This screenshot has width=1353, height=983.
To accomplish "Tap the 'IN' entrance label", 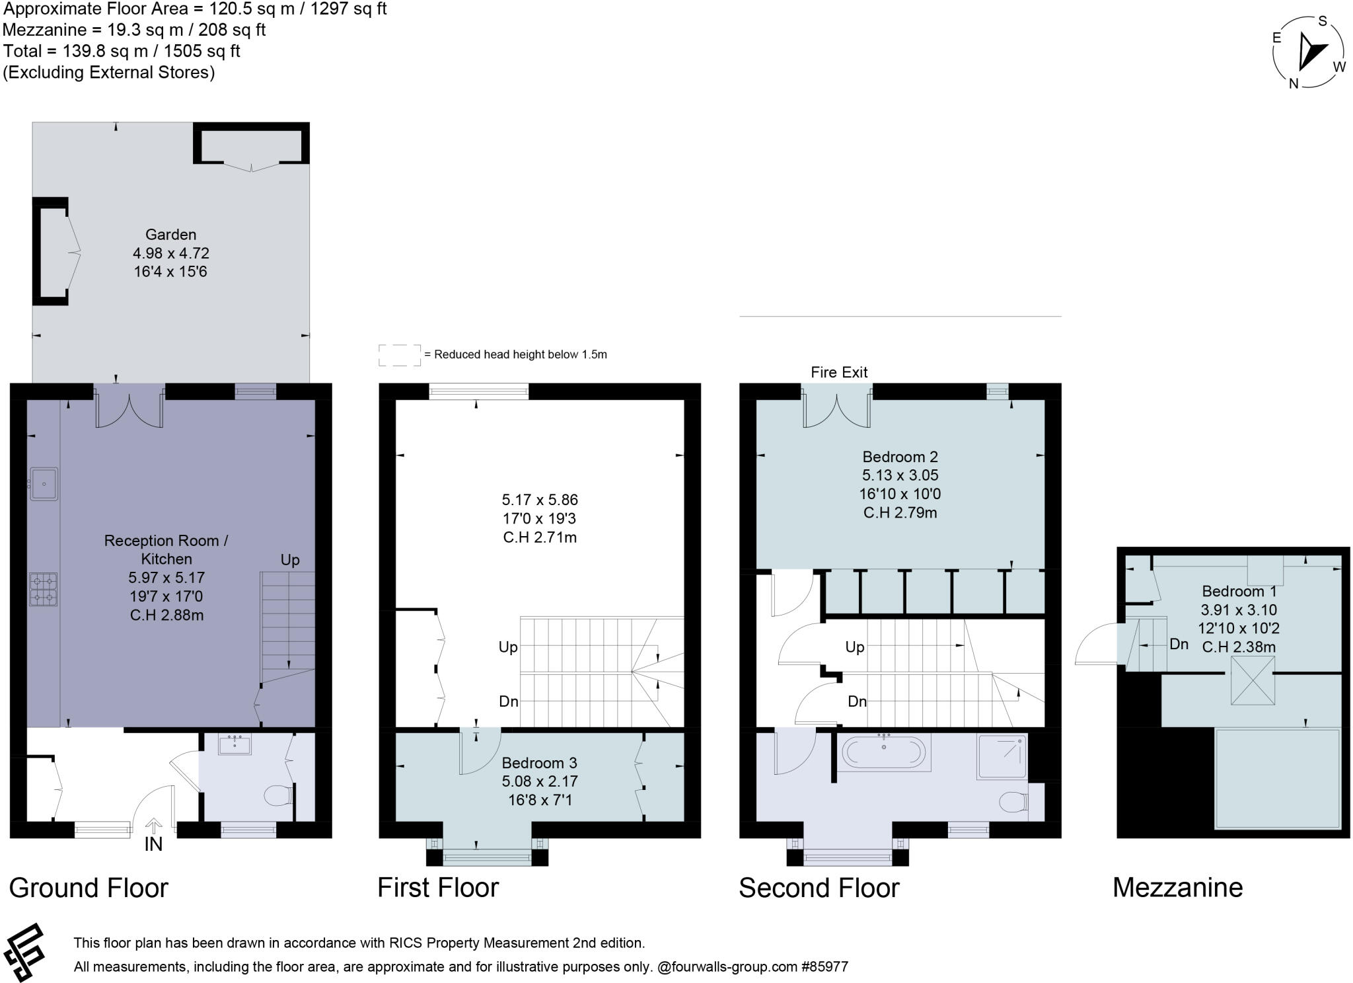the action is click(153, 844).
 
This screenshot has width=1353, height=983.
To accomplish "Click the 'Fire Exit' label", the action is click(839, 372).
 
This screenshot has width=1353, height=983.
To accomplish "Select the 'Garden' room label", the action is click(170, 235).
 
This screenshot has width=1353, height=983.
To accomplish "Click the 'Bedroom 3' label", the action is click(539, 763).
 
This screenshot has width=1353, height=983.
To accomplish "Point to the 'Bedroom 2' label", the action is click(900, 457).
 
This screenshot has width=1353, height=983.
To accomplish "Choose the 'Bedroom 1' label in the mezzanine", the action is click(1239, 592).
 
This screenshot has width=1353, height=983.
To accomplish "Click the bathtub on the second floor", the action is click(885, 752).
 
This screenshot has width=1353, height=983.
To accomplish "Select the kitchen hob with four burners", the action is click(43, 589).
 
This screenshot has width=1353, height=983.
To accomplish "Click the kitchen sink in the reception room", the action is click(44, 484).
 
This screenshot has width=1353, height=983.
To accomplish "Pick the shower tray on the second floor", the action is click(1002, 756).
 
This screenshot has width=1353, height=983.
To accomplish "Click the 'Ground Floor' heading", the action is click(89, 888).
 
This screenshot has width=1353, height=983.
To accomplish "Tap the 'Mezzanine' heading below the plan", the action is click(1177, 888).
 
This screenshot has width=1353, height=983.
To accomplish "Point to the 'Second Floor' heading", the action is click(819, 888).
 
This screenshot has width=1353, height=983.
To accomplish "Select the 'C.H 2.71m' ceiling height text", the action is click(540, 537).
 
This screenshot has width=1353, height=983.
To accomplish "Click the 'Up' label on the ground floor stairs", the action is click(290, 561).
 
